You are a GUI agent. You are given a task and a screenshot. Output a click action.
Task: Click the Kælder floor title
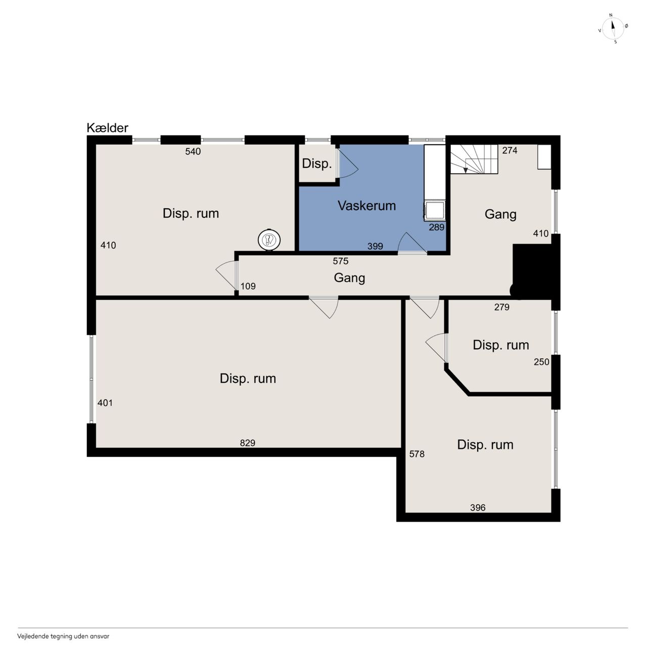(x=108, y=128)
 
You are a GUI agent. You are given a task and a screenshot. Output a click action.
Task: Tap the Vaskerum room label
(x=366, y=206)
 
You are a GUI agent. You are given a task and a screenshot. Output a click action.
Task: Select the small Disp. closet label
(x=317, y=164)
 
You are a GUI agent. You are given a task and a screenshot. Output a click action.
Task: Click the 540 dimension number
(x=193, y=152)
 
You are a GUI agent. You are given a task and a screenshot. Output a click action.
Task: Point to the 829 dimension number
(x=248, y=443)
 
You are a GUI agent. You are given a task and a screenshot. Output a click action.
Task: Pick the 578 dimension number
(x=417, y=454)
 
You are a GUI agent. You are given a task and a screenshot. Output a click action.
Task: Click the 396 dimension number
(x=478, y=507)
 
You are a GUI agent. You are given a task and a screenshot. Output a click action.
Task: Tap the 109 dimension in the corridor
(x=248, y=286)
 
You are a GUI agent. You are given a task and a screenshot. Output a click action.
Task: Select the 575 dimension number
(x=341, y=261)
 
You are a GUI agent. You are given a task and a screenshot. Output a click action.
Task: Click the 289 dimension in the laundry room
(x=437, y=227)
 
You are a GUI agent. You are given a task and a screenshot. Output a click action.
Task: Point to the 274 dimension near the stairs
(x=510, y=151)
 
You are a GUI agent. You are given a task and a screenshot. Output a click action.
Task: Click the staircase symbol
(x=474, y=159)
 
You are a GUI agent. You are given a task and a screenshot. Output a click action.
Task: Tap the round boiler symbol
(x=269, y=240)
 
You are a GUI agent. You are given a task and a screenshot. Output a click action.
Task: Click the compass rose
(x=613, y=29)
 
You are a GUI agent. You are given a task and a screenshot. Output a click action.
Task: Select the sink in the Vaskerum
(x=435, y=210)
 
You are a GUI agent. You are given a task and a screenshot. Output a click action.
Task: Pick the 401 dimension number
(x=105, y=402)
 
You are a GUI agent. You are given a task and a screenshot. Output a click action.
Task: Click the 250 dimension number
(x=541, y=361)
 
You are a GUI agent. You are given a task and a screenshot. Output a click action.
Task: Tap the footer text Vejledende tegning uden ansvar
(x=63, y=636)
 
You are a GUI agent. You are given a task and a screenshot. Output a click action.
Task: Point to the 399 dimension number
(x=376, y=246)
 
